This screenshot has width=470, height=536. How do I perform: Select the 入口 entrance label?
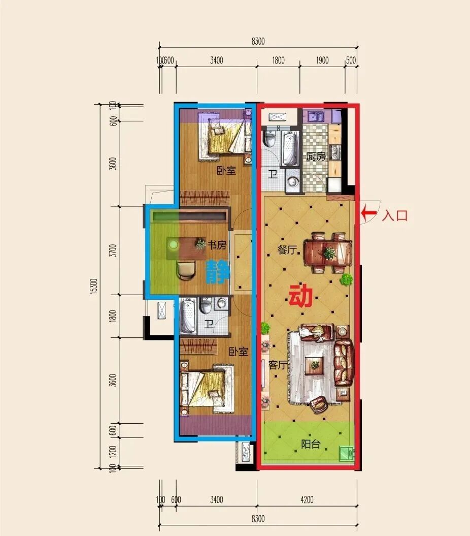pyautogui.click(x=395, y=216)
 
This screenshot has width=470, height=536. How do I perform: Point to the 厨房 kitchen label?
pyautogui.click(x=316, y=156)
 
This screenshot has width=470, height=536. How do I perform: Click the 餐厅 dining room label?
pyautogui.click(x=287, y=250)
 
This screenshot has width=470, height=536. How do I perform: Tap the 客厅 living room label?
pyautogui.click(x=277, y=365)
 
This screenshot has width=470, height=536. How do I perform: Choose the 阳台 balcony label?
pyautogui.click(x=311, y=444)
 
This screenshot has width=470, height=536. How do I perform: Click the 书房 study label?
pyautogui.click(x=217, y=245)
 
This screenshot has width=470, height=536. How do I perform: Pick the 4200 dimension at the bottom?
pyautogui.click(x=307, y=500)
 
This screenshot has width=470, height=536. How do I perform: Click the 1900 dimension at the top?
pyautogui.click(x=322, y=60)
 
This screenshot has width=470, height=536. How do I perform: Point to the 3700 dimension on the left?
pyautogui.click(x=113, y=250)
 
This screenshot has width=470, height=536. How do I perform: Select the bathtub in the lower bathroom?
pyautogui.click(x=187, y=316)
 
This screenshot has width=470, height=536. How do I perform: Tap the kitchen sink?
pyautogui.click(x=317, y=116)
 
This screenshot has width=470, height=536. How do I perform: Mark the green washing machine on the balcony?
pyautogui.click(x=346, y=454)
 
